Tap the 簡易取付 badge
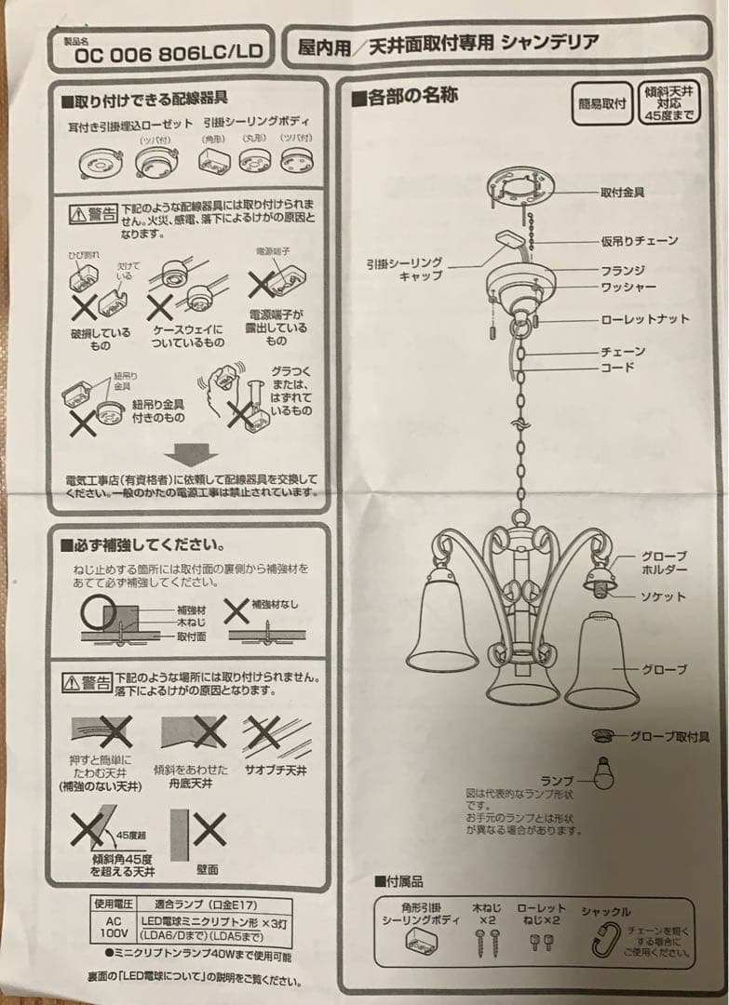pyautogui.click(x=601, y=102)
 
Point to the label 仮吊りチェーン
pyautogui.click(x=639, y=241)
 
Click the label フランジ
pyautogui.click(x=623, y=270)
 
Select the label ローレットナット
pyautogui.click(x=644, y=319)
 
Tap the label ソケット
pyautogui.click(x=662, y=596)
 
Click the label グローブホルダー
pyautogui.click(x=664, y=561)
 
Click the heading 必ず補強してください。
pyautogui.click(x=142, y=543)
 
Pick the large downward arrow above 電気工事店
pyautogui.click(x=196, y=455)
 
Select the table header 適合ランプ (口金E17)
pyautogui.click(x=202, y=903)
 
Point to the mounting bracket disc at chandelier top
pyautogui.click(x=522, y=188)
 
